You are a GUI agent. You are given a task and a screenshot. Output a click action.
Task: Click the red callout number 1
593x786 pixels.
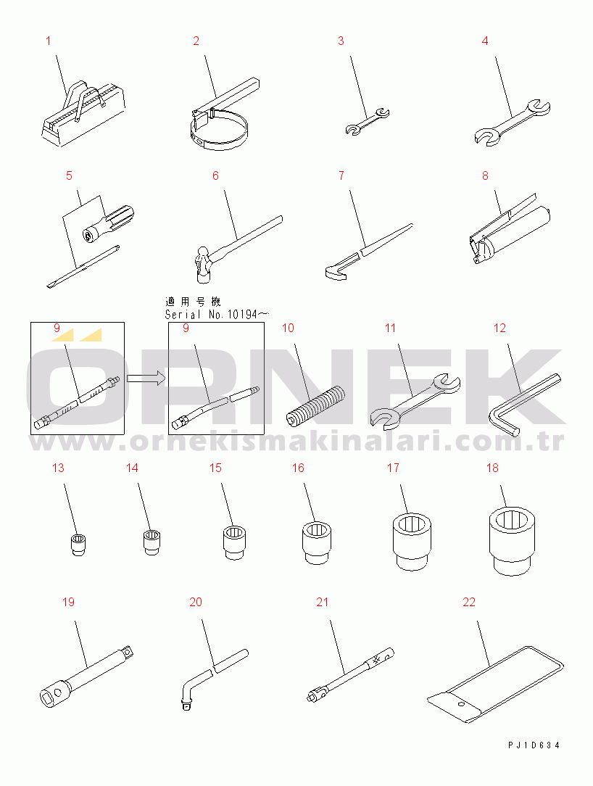(x=48, y=41)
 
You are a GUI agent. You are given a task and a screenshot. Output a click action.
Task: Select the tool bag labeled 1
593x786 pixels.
(x=82, y=114)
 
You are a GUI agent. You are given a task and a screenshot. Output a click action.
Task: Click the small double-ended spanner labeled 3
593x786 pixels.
(x=368, y=122)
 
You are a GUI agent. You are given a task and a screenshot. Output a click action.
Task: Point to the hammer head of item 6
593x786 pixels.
(x=202, y=262)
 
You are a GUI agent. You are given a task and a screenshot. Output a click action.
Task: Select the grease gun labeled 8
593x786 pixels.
(x=510, y=230)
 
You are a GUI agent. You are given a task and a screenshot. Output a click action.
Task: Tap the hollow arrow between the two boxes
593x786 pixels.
(x=146, y=378)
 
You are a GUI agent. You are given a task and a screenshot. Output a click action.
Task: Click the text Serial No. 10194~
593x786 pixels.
(x=217, y=314)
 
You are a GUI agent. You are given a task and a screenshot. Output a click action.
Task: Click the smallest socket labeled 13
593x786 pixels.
(x=78, y=545)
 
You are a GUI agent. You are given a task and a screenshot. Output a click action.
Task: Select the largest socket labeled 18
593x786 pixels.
(x=512, y=540)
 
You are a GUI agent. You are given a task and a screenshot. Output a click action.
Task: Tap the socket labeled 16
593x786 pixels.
(x=317, y=543)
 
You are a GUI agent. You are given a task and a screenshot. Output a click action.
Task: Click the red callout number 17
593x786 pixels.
(x=393, y=468)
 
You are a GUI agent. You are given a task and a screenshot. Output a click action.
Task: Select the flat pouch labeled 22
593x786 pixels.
(x=497, y=684)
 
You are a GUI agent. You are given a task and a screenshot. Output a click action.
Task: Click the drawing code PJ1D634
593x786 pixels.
(x=534, y=745)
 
